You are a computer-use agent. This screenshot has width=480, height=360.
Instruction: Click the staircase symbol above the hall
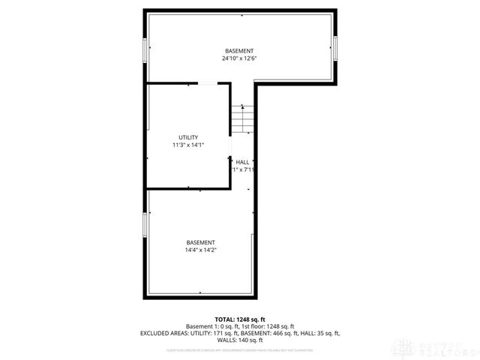pos(239,118)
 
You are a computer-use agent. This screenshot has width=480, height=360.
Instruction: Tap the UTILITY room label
pos(188,137)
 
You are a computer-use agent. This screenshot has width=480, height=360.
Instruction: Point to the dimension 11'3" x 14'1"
pos(188,145)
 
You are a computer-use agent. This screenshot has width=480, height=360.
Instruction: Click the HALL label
pos(242,162)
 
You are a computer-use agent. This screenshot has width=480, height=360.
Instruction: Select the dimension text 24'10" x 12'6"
pos(239,58)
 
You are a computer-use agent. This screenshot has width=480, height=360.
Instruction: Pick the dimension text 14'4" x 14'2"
pos(201,250)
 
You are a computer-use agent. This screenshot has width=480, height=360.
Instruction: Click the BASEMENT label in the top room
pos(239,50)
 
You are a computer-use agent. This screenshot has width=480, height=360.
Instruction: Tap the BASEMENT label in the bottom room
pos(201,242)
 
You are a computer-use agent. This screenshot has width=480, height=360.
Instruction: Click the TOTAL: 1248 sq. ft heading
pos(240,319)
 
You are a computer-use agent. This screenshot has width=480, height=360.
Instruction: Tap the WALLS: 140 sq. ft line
pos(240,339)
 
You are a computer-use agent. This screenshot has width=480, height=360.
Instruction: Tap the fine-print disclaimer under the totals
pos(240,349)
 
